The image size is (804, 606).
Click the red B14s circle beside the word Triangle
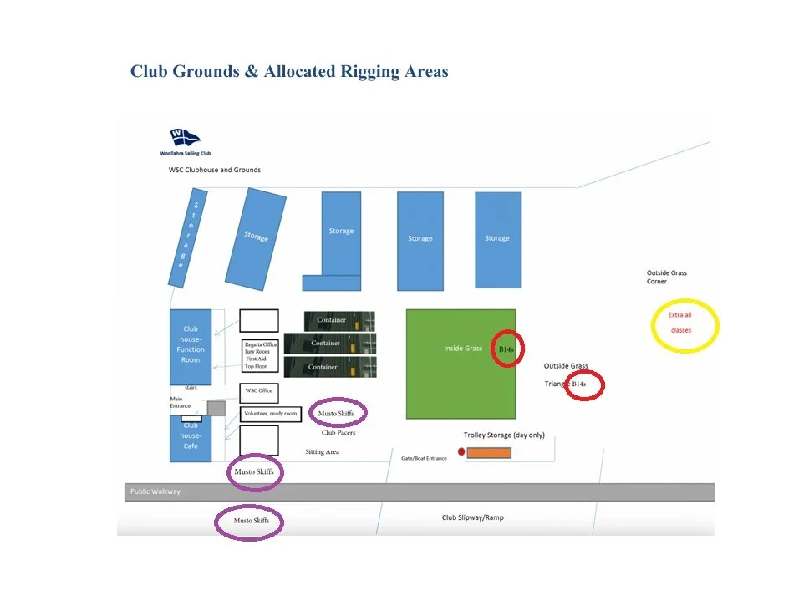584,384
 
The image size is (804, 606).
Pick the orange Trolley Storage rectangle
489,452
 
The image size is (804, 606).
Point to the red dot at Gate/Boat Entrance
461,451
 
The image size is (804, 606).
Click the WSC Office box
259,391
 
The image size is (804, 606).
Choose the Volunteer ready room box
270,414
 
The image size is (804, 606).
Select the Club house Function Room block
191,347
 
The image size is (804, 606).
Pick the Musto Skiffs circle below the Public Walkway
249,522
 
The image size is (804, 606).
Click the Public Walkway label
155,491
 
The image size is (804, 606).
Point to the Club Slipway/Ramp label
473,517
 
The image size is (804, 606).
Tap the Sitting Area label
322,452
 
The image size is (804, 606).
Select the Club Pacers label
338,433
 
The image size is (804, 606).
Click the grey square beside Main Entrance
216,408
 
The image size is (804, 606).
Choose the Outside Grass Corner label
667,277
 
